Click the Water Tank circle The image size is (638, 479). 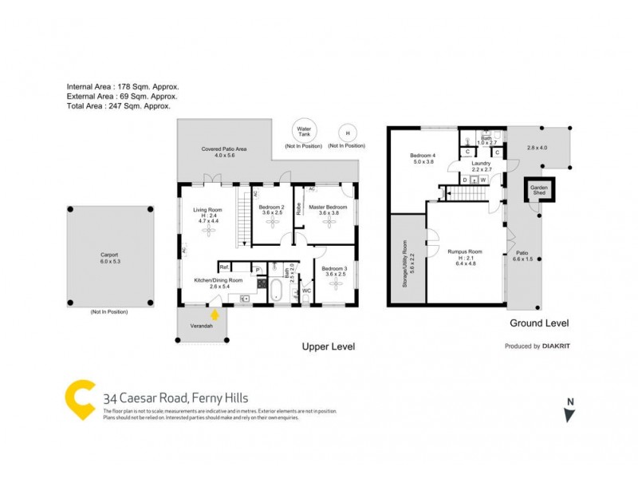(x=304, y=132)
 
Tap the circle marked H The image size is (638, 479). (x=347, y=133)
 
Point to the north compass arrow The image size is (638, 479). (x=569, y=414)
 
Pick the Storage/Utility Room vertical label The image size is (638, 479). (x=405, y=259)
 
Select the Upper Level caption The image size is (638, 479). (x=327, y=346)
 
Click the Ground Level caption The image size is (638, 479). (x=539, y=323)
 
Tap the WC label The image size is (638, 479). (x=305, y=291)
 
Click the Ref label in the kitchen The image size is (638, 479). (x=224, y=267)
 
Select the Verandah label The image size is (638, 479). (x=201, y=327)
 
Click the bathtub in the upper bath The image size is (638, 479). (x=274, y=289)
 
